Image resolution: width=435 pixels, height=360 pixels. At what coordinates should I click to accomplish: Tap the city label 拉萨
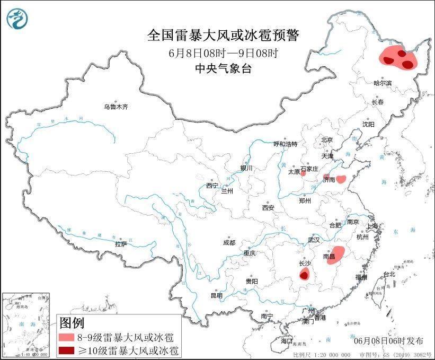click(121, 244)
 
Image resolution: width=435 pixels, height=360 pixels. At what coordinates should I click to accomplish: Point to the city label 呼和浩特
click(286, 144)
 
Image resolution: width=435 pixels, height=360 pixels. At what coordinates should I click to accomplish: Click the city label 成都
click(229, 243)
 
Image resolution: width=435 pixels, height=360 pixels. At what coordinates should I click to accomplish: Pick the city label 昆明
click(217, 295)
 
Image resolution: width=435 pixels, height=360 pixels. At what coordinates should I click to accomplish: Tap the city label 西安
click(268, 208)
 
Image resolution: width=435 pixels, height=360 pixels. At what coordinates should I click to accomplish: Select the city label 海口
click(287, 339)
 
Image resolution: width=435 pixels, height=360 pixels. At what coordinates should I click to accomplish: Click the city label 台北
click(389, 274)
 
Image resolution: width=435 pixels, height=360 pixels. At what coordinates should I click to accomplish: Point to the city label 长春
click(377, 102)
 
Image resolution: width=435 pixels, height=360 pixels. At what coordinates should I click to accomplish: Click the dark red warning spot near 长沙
click(304, 274)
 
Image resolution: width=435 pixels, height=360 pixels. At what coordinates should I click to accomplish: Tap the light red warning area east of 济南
click(342, 179)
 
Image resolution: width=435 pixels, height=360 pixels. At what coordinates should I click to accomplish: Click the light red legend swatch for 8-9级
click(68, 337)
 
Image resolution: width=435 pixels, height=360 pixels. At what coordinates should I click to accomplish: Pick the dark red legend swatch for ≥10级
click(68, 350)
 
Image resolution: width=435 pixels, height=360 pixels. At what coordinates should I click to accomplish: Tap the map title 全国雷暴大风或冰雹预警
click(223, 36)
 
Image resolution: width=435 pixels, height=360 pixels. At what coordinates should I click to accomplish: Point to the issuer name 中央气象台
click(223, 68)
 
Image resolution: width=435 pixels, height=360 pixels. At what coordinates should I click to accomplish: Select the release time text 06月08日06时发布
click(389, 340)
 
